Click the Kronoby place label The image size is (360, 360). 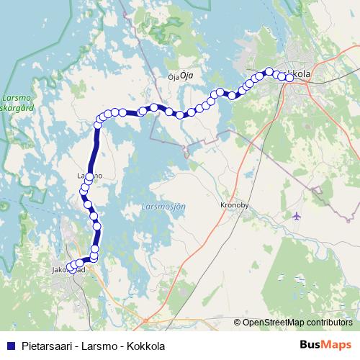point(234,205)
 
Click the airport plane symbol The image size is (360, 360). point(297,216)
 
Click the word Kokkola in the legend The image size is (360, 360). point(145,346)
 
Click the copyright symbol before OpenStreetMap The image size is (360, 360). point(238,322)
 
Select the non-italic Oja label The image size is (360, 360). point(172,76)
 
